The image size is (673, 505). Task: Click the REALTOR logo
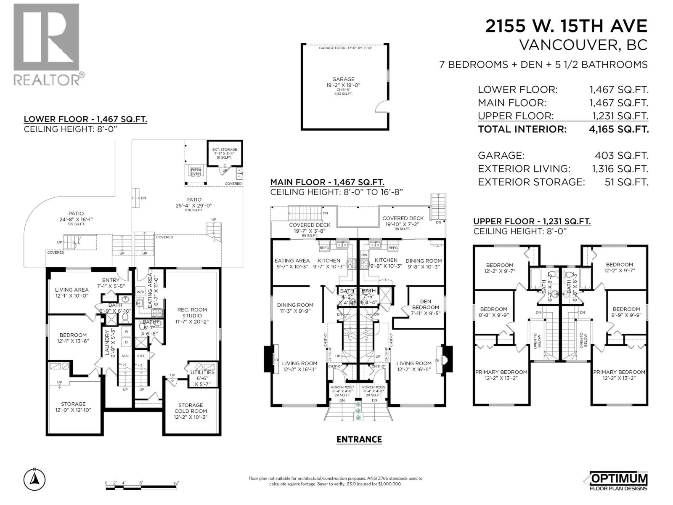click(x=46, y=44)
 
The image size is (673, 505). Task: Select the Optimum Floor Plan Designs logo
click(x=616, y=481)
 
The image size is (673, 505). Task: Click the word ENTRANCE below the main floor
click(x=359, y=440)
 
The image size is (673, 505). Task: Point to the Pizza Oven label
click(x=196, y=172)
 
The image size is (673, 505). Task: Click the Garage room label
click(x=343, y=79)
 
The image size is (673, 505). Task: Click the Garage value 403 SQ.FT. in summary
click(x=621, y=155)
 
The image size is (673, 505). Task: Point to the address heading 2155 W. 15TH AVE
click(x=566, y=27)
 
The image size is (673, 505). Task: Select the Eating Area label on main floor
click(x=292, y=260)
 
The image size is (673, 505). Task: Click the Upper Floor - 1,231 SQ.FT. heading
click(x=532, y=221)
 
